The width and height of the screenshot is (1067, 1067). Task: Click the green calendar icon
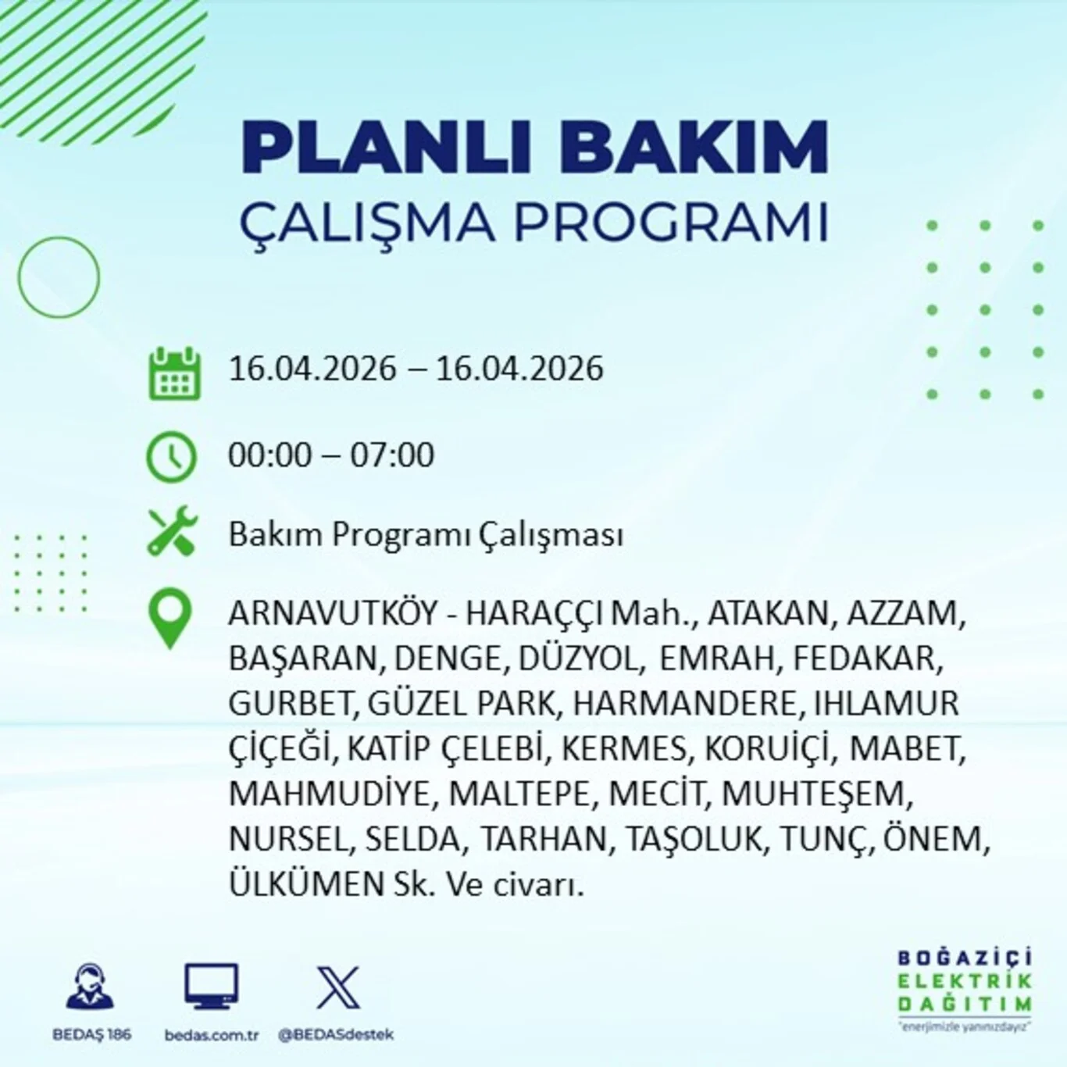(174, 373)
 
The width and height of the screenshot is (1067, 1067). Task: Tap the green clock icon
(172, 456)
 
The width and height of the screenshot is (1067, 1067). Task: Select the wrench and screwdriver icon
(173, 532)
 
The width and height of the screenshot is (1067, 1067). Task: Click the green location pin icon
(170, 618)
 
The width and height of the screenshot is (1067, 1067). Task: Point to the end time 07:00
(391, 455)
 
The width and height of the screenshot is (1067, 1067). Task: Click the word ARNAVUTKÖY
(333, 613)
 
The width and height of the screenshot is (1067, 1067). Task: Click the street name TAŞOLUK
(693, 839)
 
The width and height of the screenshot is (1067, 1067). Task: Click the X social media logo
(337, 987)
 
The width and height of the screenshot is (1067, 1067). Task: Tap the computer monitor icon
(211, 987)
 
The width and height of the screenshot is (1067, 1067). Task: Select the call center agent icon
(91, 987)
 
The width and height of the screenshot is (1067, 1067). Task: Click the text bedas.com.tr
(211, 1035)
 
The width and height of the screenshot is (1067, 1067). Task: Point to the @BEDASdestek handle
(336, 1035)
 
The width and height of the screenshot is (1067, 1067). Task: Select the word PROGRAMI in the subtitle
(670, 222)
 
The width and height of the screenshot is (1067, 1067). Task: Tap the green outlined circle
(59, 277)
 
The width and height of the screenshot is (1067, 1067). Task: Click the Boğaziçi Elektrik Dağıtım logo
(964, 989)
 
